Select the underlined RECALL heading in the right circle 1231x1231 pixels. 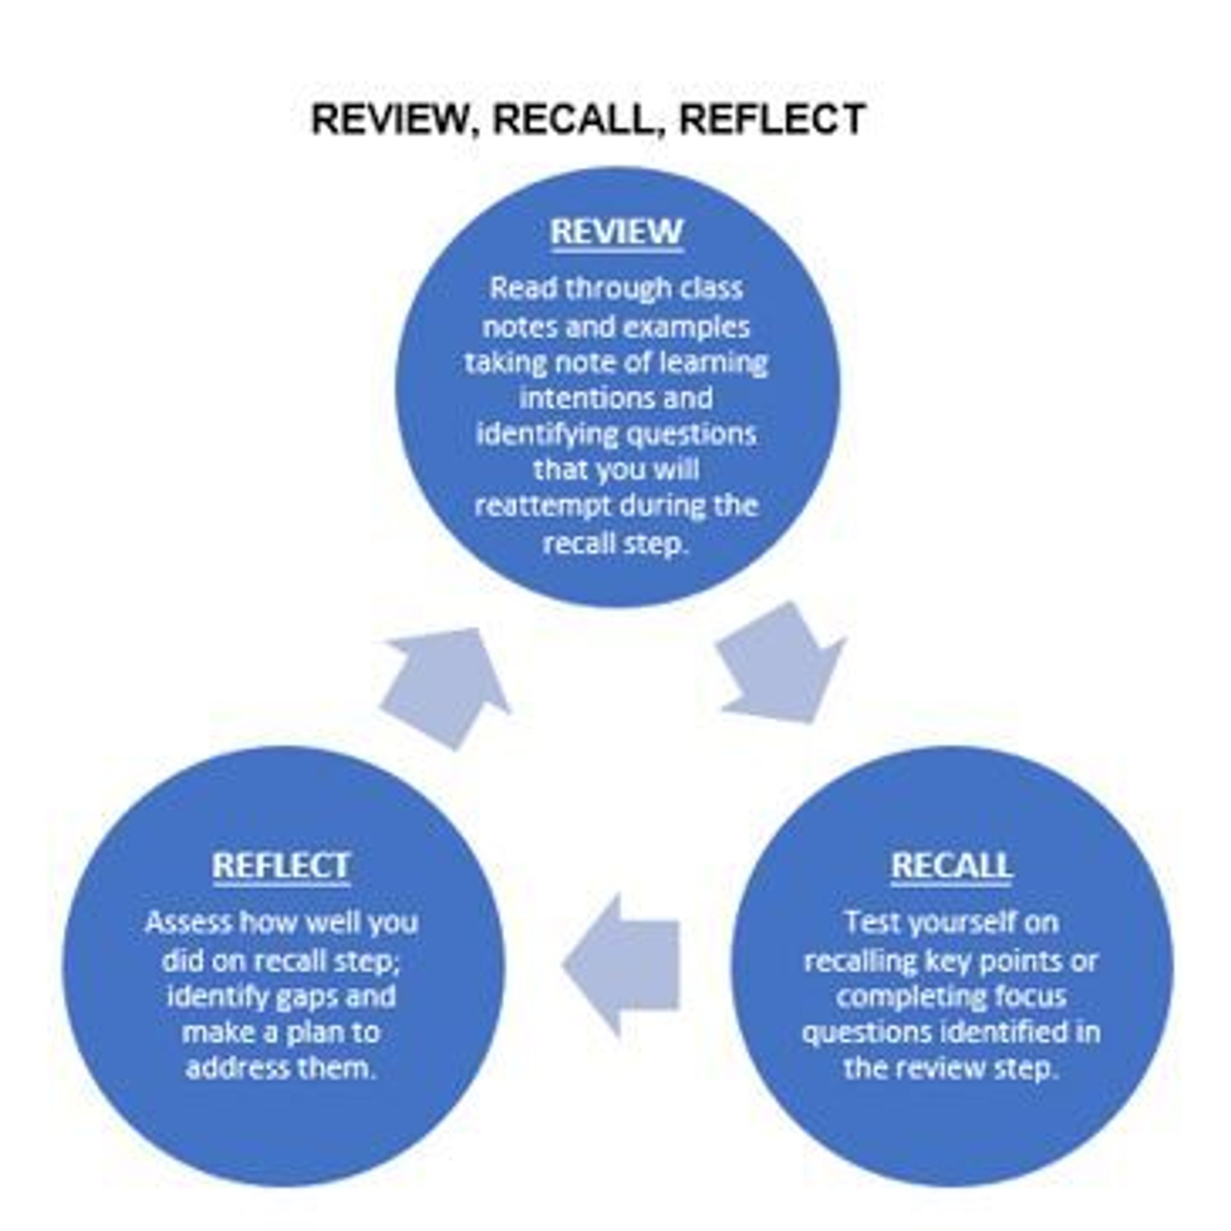pyautogui.click(x=951, y=865)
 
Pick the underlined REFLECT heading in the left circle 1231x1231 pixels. pyautogui.click(x=281, y=865)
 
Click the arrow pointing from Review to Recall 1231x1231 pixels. pyautogui.click(x=784, y=666)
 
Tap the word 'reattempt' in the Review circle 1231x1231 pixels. pyautogui.click(x=542, y=507)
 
